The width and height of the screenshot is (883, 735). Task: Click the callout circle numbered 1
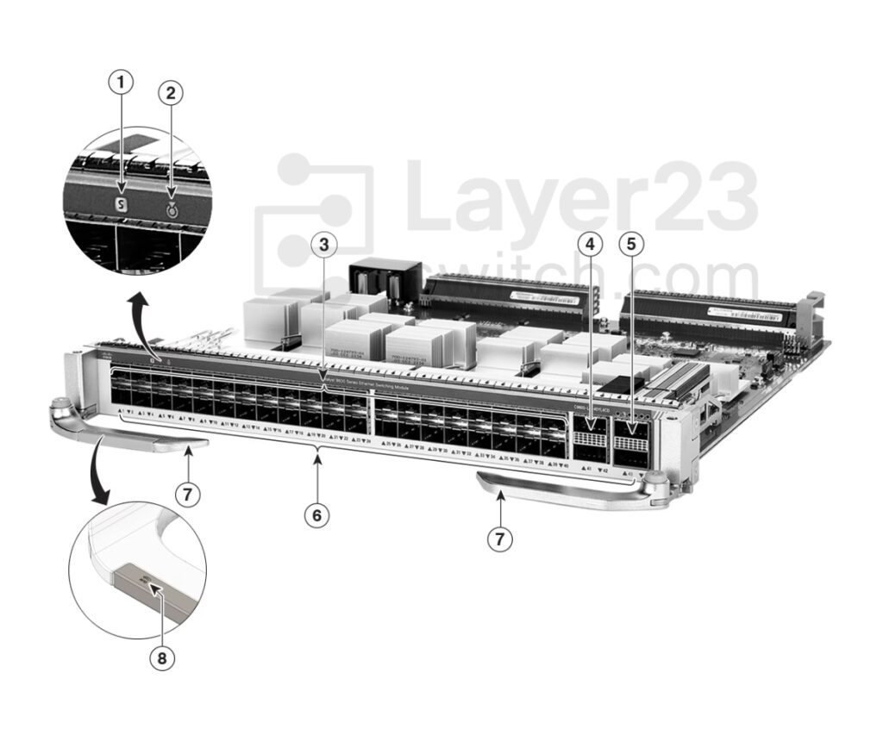pyautogui.click(x=122, y=83)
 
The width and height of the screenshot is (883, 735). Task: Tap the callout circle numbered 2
pyautogui.click(x=171, y=93)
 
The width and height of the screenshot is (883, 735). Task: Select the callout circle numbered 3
pyautogui.click(x=323, y=245)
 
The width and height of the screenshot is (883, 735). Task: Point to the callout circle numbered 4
pyautogui.click(x=590, y=245)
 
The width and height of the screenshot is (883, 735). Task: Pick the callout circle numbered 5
pyautogui.click(x=631, y=245)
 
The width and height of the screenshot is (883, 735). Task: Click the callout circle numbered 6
pyautogui.click(x=317, y=515)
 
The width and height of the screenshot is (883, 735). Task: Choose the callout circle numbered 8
pyautogui.click(x=161, y=659)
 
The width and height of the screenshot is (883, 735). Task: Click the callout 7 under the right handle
pyautogui.click(x=499, y=539)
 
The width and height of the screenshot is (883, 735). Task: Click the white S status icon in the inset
pyautogui.click(x=122, y=206)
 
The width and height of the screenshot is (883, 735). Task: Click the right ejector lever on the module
pyautogui.click(x=569, y=491)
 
